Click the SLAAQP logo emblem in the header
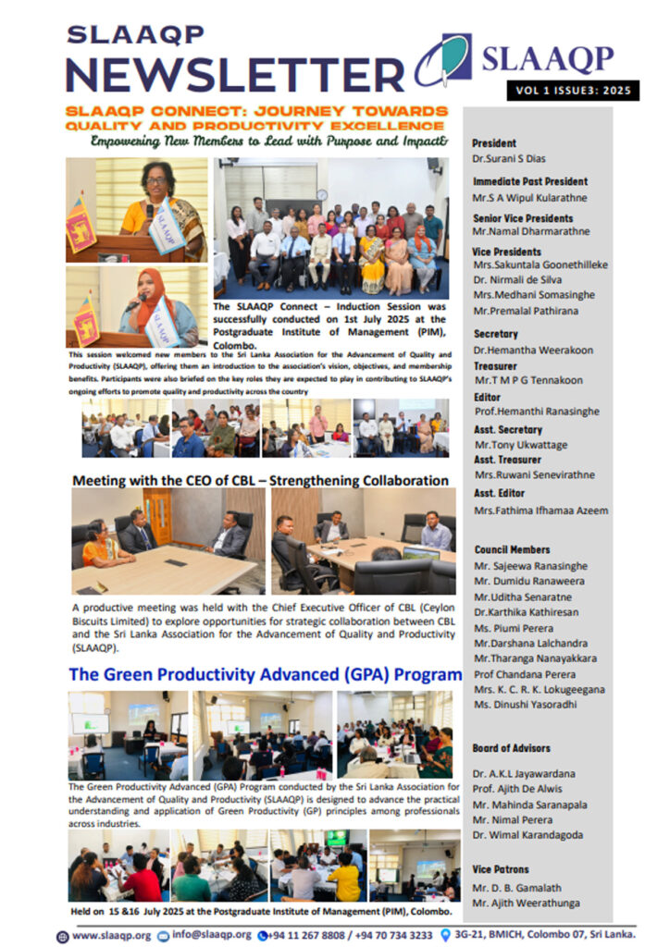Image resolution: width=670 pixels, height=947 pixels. click(x=443, y=60)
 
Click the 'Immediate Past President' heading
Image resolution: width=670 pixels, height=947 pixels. click(x=529, y=181)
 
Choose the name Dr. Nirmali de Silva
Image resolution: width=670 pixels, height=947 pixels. click(x=521, y=279)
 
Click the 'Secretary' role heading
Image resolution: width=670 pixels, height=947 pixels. click(x=495, y=334)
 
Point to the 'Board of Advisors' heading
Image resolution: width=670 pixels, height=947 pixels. click(x=511, y=748)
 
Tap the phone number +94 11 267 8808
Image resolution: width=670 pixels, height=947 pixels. click(x=309, y=935)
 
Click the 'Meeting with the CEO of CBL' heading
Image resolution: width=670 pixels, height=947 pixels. click(x=260, y=481)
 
